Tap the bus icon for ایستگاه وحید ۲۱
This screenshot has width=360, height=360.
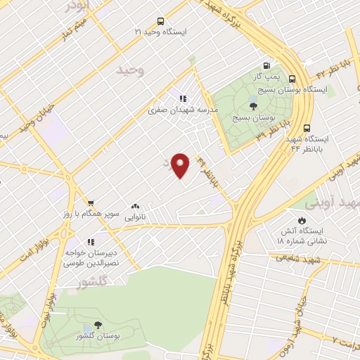click(x=160, y=21)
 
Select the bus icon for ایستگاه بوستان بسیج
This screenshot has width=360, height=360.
click(x=292, y=79)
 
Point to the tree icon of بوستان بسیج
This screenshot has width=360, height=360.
click(x=253, y=106)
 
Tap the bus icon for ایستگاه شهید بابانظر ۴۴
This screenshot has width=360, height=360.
click(x=307, y=128)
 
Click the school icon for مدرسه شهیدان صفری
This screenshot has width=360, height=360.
click(x=183, y=99)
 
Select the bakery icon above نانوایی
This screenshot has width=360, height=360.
click(x=134, y=207)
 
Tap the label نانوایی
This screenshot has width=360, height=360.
click(x=135, y=218)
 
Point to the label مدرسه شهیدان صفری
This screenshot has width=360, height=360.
click(x=183, y=110)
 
